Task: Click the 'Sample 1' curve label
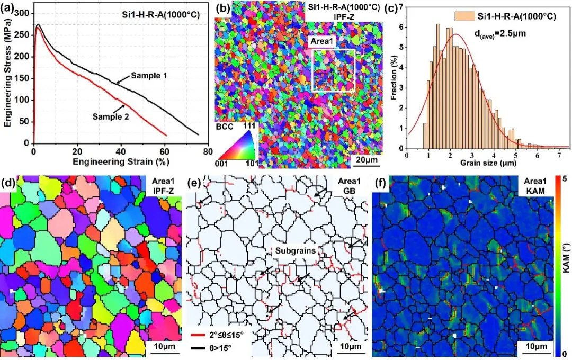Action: [148, 76]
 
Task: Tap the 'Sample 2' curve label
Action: [110, 116]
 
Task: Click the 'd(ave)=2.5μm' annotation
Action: [497, 35]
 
